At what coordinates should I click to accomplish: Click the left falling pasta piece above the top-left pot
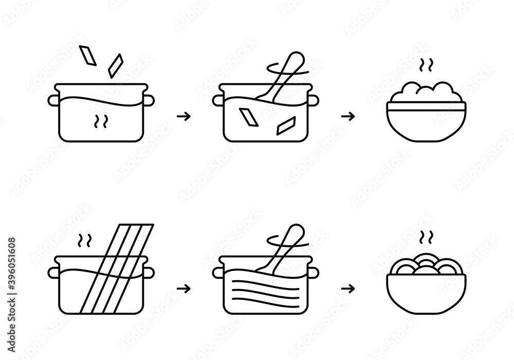point(88,56)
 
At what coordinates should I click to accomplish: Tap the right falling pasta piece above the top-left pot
point(116,65)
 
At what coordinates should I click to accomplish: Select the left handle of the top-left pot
point(52,99)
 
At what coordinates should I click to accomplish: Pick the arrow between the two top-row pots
point(183,116)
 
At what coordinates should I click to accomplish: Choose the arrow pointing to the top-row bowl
point(348,116)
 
